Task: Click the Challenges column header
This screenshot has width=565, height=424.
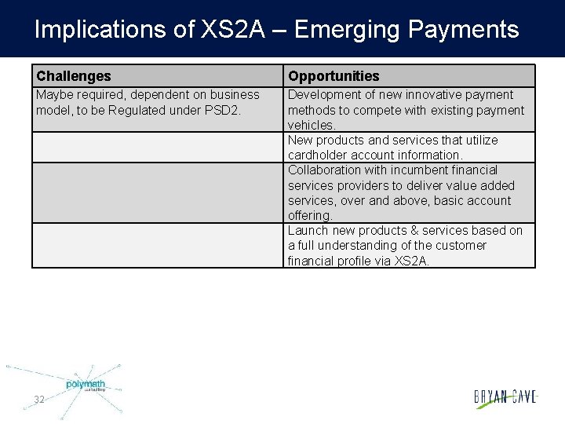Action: coord(74,76)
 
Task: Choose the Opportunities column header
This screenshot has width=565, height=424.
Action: coord(334,76)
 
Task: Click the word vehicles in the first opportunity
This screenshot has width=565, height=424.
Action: coord(311,125)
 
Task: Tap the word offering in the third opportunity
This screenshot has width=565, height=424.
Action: coord(310,215)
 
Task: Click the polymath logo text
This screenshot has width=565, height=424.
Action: coord(85,384)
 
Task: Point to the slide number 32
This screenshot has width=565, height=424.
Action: coord(39,400)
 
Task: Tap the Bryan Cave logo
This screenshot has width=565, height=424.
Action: coord(505,397)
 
